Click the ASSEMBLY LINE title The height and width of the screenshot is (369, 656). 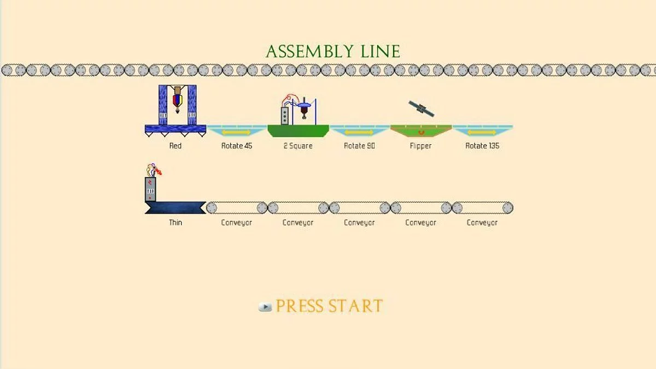pyautogui.click(x=333, y=51)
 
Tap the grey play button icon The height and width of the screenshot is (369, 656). pyautogui.click(x=265, y=307)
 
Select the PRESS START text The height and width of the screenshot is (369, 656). pyautogui.click(x=329, y=306)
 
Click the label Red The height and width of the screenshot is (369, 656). pyautogui.click(x=175, y=146)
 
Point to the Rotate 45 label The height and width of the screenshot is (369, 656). pyautogui.click(x=237, y=146)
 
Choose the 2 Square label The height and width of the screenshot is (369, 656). pyautogui.click(x=298, y=146)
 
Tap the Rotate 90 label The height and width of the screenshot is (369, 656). pyautogui.click(x=359, y=146)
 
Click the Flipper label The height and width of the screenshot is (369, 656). pyautogui.click(x=420, y=146)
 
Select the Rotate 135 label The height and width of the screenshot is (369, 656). pyautogui.click(x=482, y=146)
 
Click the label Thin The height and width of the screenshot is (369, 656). pyautogui.click(x=175, y=222)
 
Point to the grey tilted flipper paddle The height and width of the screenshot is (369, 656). pyautogui.click(x=421, y=109)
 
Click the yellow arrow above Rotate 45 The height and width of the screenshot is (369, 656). pyautogui.click(x=236, y=132)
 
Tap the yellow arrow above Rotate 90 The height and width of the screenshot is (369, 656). pyautogui.click(x=359, y=132)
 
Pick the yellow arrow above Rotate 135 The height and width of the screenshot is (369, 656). pyautogui.click(x=482, y=132)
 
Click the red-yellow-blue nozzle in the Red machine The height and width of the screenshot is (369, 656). pyautogui.click(x=178, y=101)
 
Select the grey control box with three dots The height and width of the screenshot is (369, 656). pyautogui.click(x=285, y=116)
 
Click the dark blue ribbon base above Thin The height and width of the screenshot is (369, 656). pyautogui.click(x=175, y=208)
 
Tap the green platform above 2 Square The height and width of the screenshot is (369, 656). pyautogui.click(x=298, y=131)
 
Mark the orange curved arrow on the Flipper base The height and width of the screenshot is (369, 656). pyautogui.click(x=421, y=133)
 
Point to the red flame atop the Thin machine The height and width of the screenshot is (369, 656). pyautogui.click(x=159, y=171)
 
